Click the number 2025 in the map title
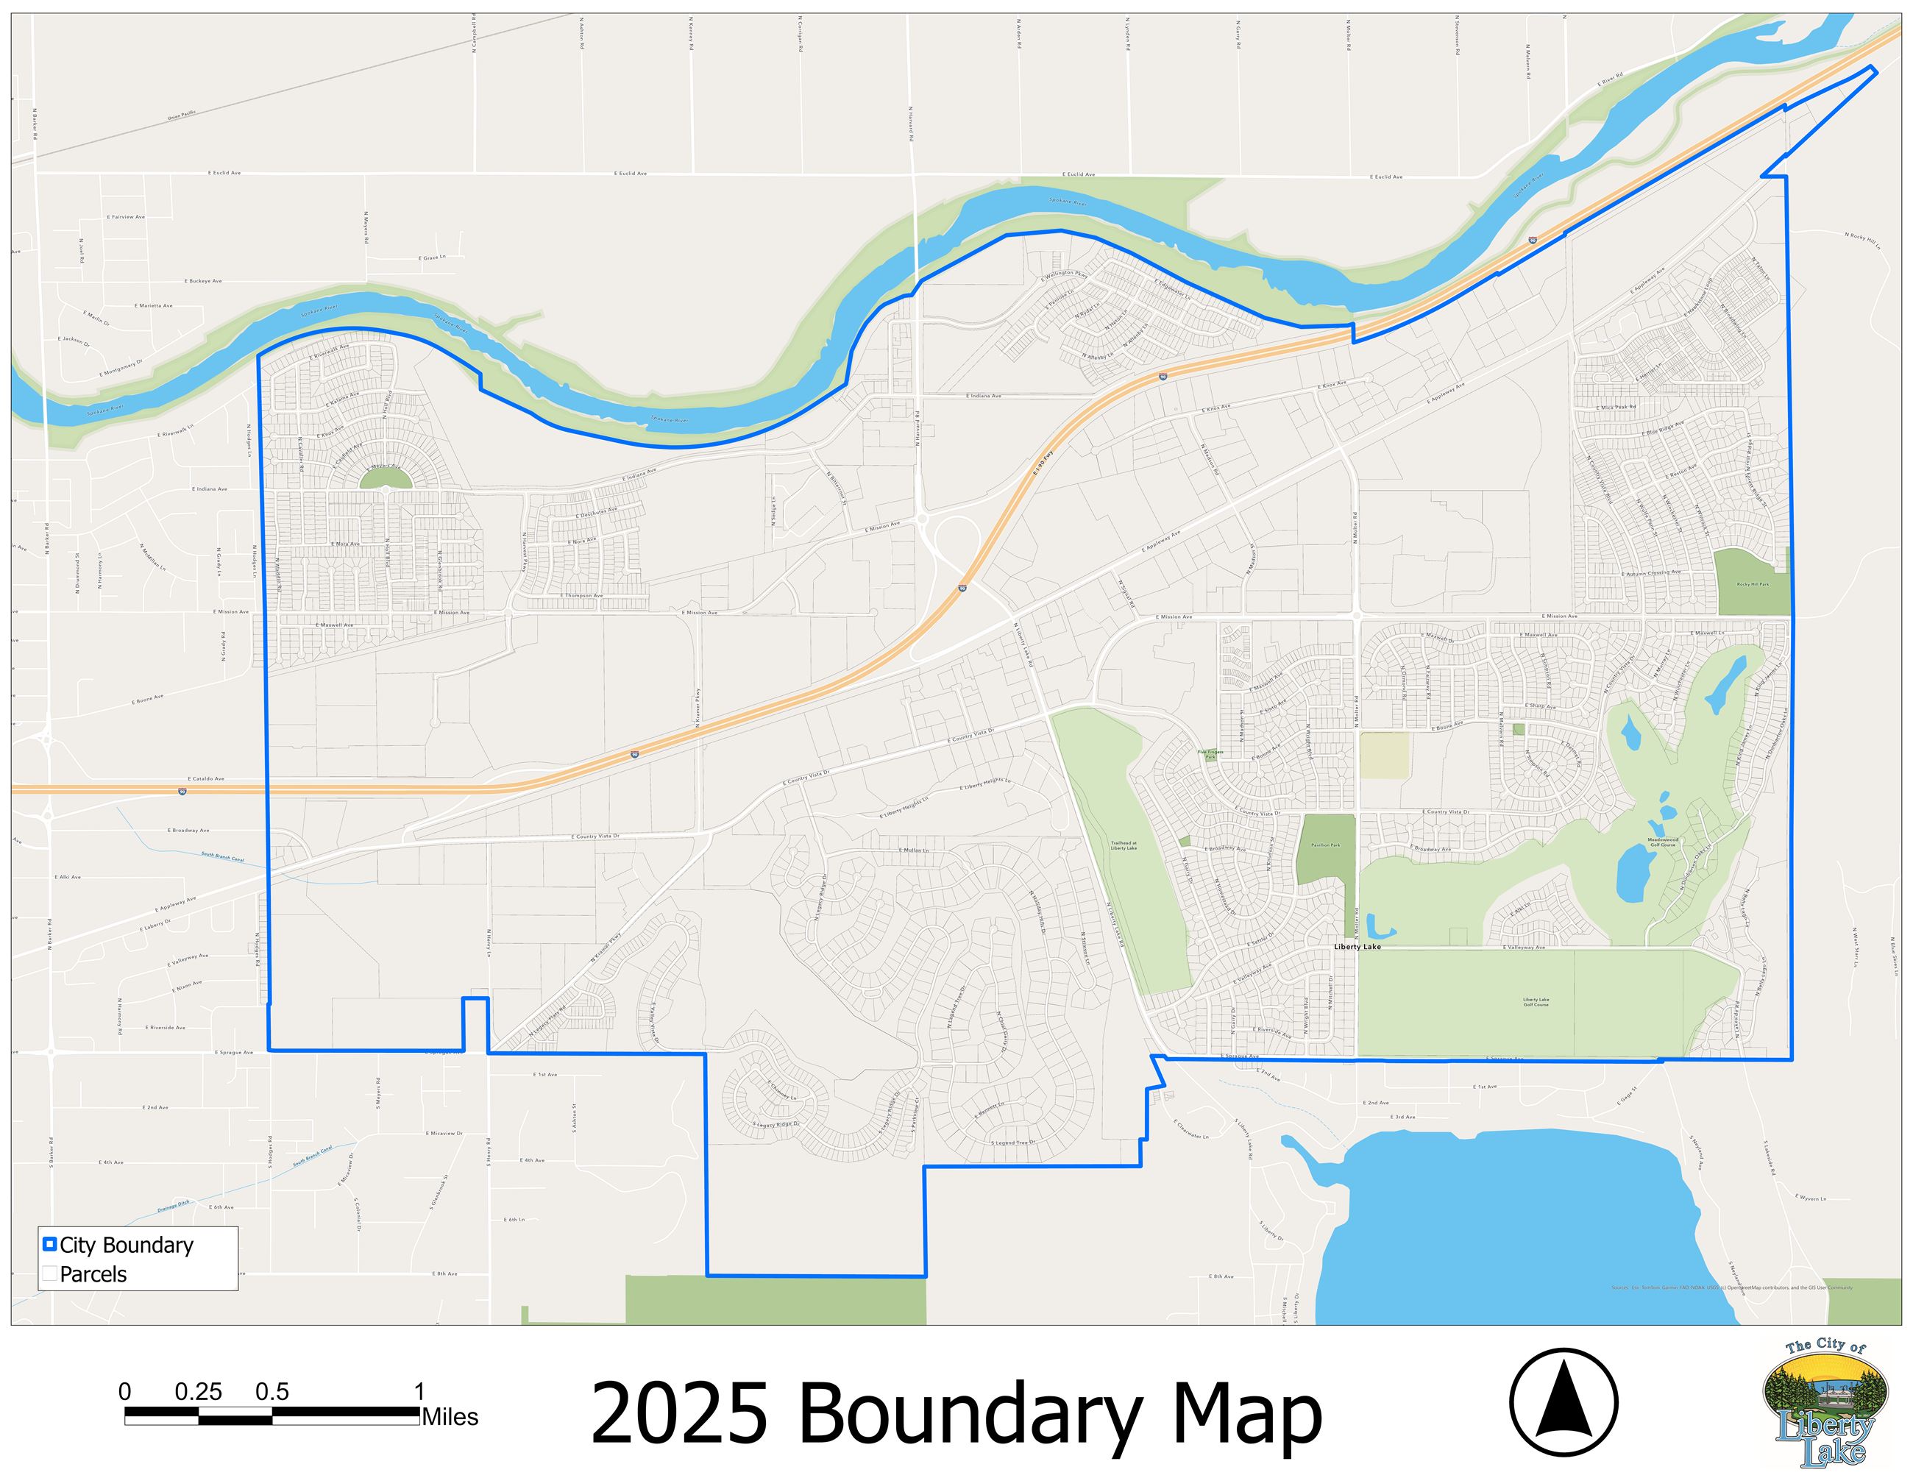679,1413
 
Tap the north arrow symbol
1564,1401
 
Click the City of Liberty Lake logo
1825,1401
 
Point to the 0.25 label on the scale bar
198,1391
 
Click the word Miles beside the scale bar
450,1417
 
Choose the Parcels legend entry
93,1274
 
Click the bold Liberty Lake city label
1357,947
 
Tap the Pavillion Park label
1325,845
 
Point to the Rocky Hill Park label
1753,584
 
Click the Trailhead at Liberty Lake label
1124,846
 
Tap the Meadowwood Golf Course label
1661,842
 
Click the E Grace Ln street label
432,257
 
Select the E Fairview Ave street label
126,216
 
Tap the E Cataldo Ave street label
206,778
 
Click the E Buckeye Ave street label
203,281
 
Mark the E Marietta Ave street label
153,305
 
